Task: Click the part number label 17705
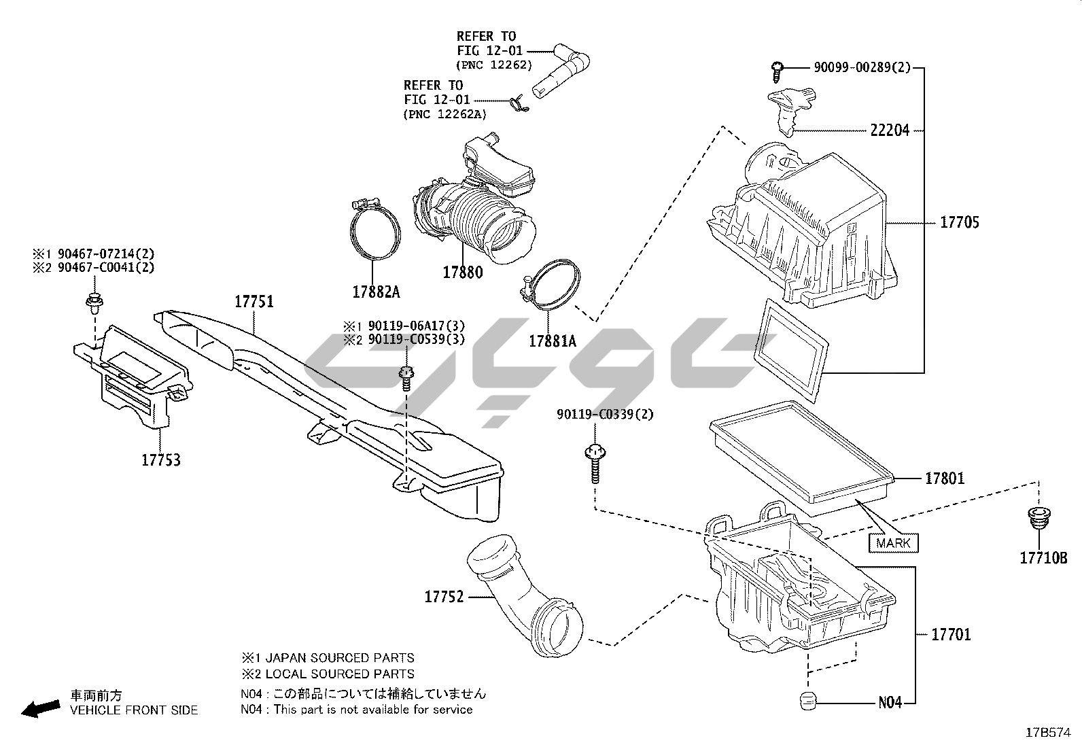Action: pos(960,222)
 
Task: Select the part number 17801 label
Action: pos(944,479)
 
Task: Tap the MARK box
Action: pos(894,543)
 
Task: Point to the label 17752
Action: pos(444,597)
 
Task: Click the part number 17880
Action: pos(462,273)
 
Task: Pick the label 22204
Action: pos(890,131)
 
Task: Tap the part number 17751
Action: pos(254,302)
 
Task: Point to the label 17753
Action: pos(161,460)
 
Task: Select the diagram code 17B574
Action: pos(1047,732)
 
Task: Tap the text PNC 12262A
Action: pos(445,115)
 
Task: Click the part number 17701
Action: pos(951,635)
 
